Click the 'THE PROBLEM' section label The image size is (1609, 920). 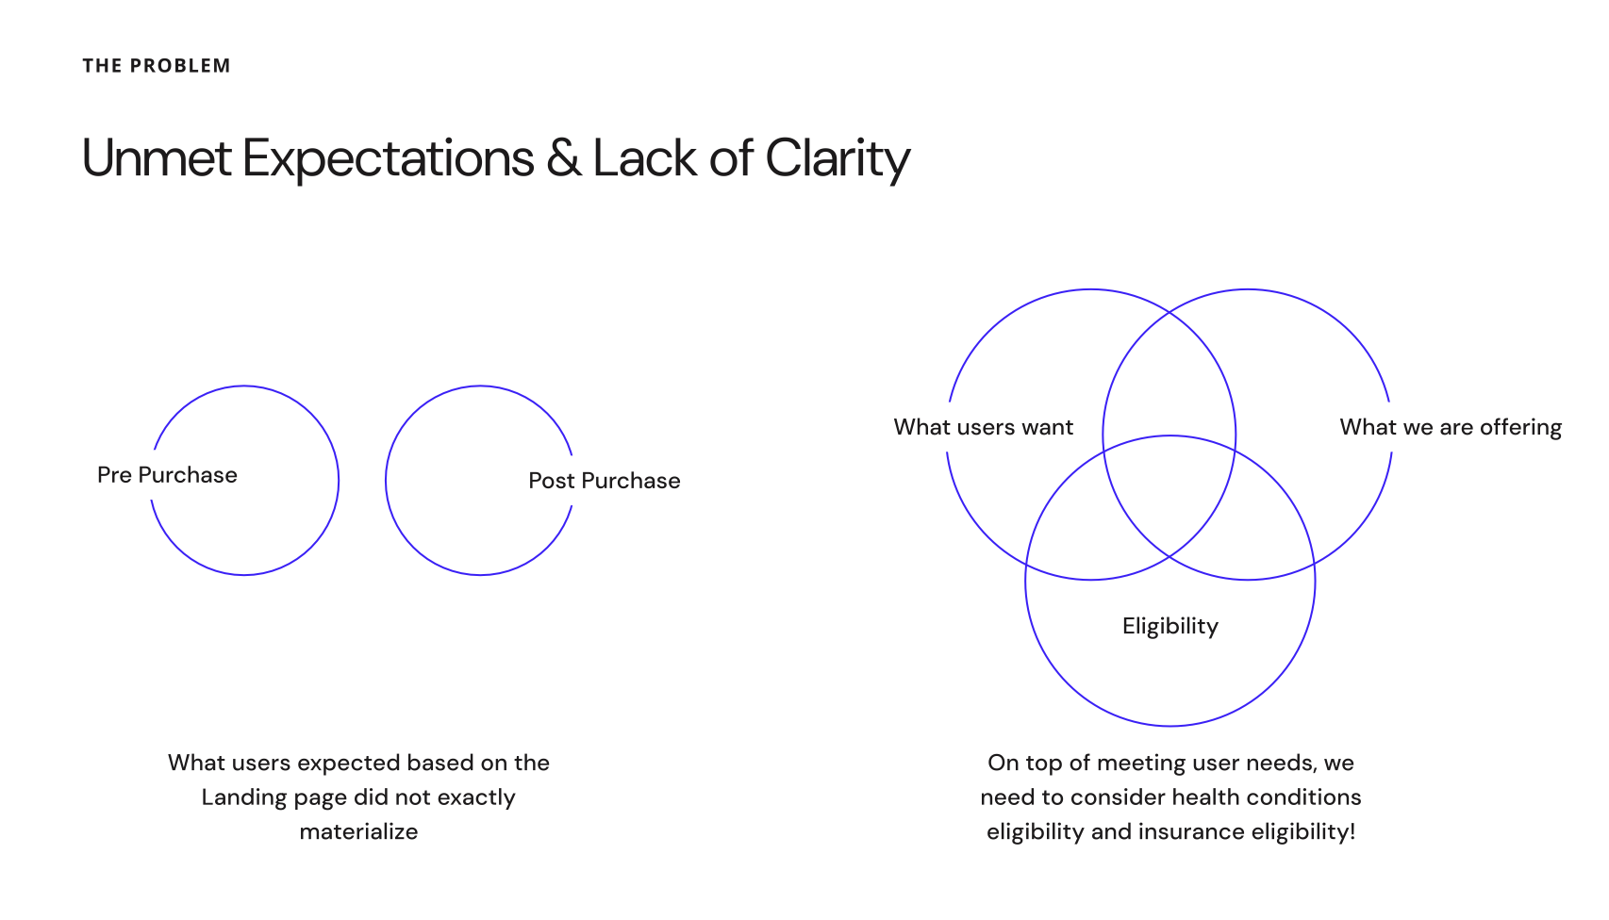157,66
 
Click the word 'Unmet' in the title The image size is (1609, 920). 157,157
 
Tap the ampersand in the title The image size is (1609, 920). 563,157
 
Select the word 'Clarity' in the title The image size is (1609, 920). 838,157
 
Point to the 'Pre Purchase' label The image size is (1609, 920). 167,475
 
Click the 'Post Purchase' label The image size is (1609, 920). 605,481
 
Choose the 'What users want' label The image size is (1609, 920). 983,427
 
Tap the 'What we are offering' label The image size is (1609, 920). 1451,427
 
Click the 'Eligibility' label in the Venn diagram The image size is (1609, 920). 1170,626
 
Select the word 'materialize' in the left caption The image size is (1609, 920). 358,831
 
